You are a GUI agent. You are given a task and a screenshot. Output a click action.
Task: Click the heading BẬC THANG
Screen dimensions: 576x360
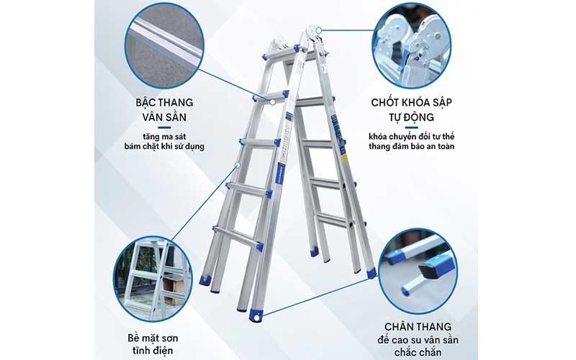point(164,102)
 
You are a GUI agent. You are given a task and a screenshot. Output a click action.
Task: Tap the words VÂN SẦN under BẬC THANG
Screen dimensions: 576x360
point(164,117)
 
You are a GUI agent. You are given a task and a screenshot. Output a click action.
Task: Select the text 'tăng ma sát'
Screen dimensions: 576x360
point(164,137)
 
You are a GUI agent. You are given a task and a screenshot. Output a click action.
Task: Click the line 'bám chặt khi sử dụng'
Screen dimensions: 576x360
point(164,147)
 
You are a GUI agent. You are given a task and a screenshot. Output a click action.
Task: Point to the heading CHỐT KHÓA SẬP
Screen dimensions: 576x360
point(411,102)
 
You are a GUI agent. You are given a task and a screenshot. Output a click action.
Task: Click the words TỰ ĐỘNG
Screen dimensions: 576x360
point(411,117)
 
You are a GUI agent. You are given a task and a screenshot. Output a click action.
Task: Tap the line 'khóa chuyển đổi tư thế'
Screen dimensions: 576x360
point(411,137)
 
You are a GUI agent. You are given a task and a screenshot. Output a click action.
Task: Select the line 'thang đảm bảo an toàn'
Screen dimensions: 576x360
point(411,147)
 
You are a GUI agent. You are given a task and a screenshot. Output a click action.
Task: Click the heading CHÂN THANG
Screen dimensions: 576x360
point(418,327)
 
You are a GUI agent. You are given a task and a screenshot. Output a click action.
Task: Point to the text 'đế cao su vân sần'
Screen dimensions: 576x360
point(418,340)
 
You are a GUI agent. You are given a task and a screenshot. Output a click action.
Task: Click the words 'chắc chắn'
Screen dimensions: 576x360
point(418,353)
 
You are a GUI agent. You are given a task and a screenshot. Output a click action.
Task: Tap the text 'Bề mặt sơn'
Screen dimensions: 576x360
point(153,338)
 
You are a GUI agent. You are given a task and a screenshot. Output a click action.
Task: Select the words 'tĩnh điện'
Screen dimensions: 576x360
point(153,351)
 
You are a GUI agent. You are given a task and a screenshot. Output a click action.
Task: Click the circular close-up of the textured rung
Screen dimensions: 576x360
point(164,45)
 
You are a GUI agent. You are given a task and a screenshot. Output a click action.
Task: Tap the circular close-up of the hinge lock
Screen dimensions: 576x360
point(411,45)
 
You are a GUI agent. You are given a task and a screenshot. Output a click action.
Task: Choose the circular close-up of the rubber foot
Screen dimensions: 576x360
point(418,271)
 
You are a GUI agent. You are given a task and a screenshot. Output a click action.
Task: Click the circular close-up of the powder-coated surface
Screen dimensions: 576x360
point(153,279)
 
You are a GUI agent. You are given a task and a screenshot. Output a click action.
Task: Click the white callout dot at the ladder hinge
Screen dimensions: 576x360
point(319,30)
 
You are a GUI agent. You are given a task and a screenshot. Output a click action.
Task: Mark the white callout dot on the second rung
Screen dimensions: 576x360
point(273,102)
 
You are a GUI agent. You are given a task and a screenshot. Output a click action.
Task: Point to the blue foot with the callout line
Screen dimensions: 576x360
point(256,315)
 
